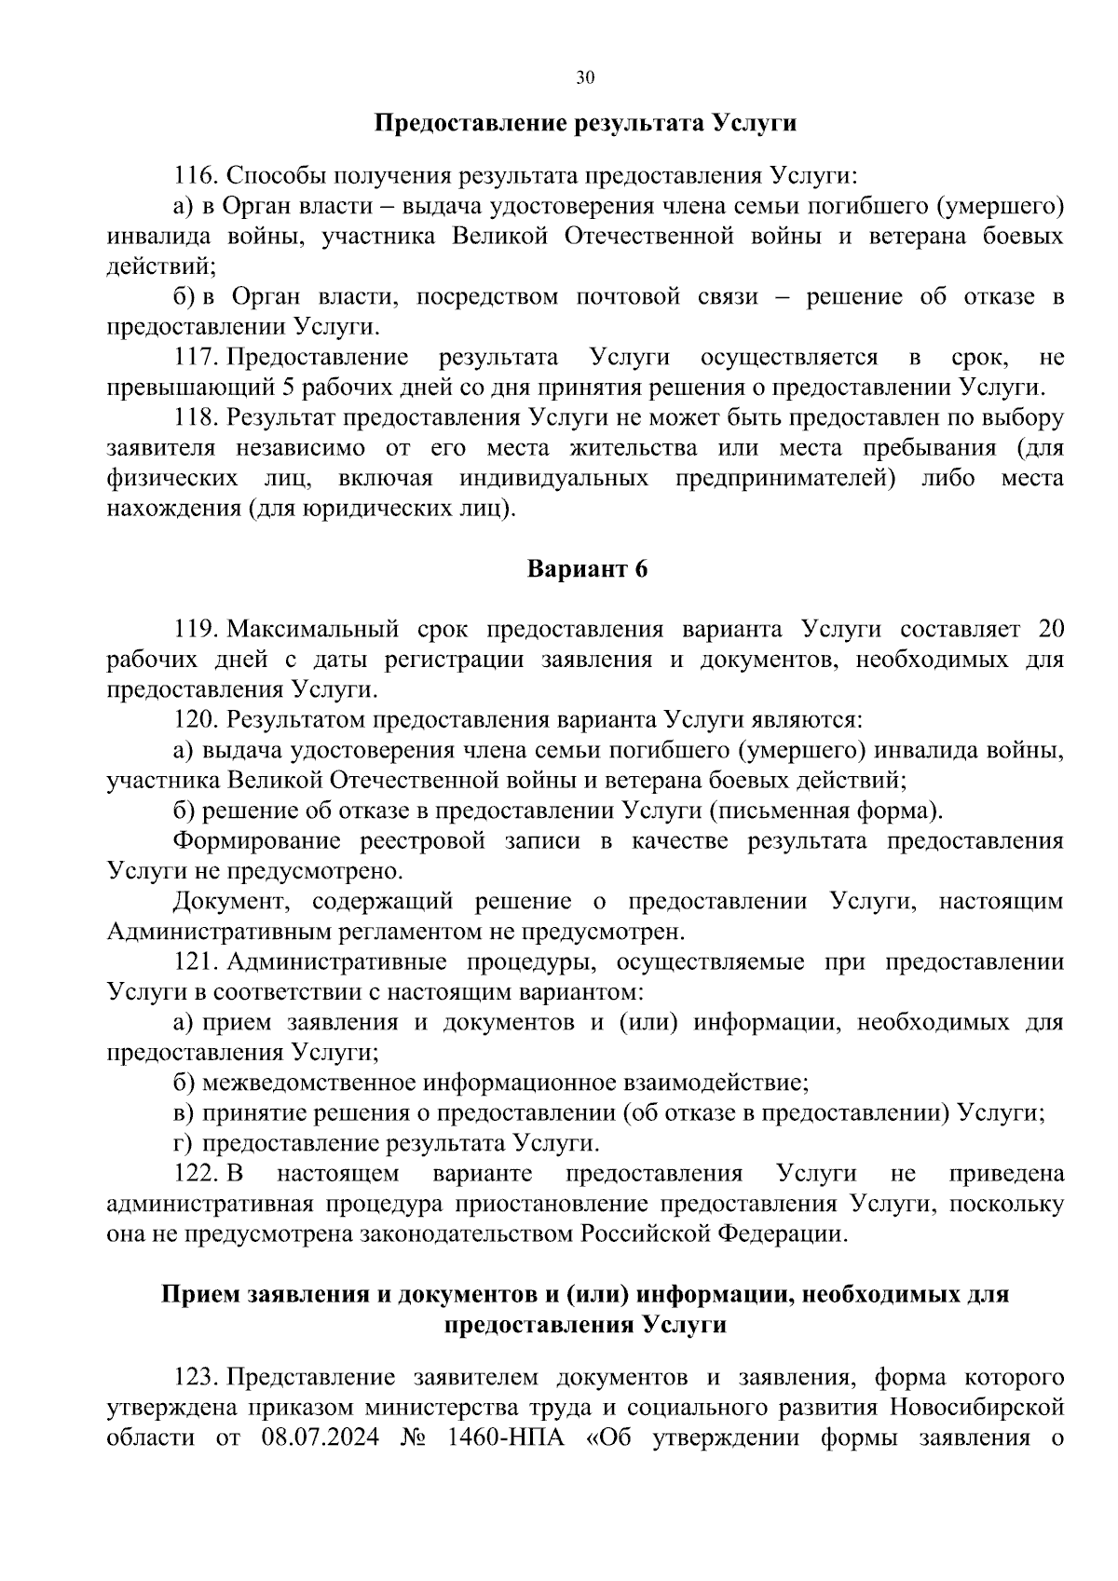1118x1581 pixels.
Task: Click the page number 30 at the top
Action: pyautogui.click(x=585, y=77)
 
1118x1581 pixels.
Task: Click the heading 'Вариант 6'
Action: pyautogui.click(x=587, y=569)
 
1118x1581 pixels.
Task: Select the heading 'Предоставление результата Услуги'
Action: pyautogui.click(x=586, y=123)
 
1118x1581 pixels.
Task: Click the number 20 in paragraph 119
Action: pyautogui.click(x=1050, y=629)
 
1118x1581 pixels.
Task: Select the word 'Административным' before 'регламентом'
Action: pyautogui.click(x=223, y=932)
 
